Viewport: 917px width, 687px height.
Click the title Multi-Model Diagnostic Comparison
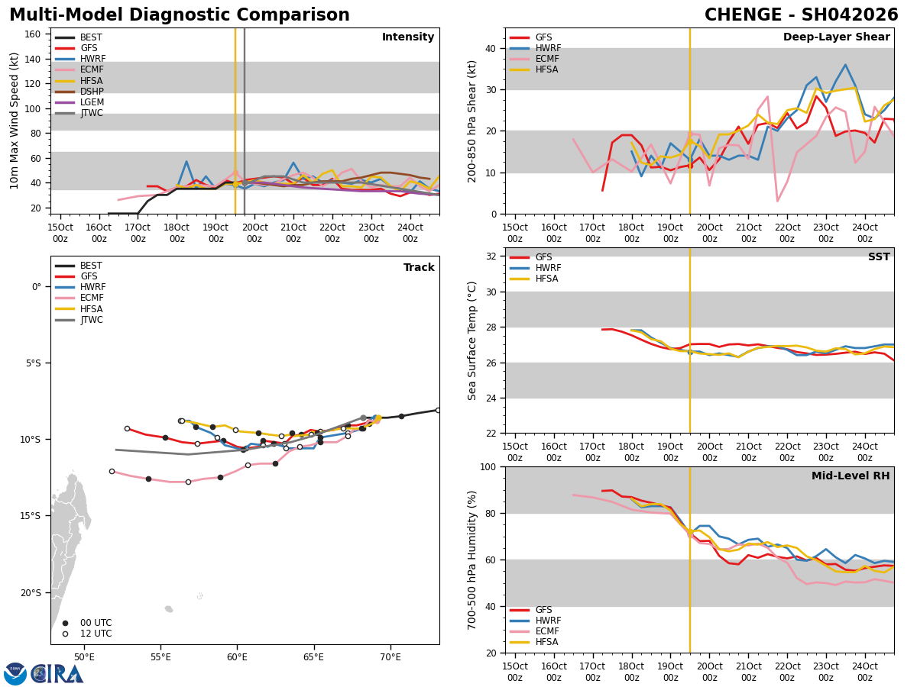pos(180,15)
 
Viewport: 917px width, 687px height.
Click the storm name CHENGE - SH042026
pos(801,15)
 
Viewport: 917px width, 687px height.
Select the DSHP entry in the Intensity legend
pos(92,92)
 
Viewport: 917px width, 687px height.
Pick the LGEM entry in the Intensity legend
pos(92,102)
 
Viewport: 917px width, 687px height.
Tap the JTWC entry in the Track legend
pos(91,320)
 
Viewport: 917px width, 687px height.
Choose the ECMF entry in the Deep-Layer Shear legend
pos(548,59)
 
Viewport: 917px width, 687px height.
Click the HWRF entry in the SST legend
pos(548,268)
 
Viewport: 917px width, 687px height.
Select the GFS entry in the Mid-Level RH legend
pos(543,610)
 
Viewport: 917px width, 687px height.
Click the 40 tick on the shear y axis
pos(490,48)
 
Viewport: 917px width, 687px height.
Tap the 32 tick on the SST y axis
pos(490,256)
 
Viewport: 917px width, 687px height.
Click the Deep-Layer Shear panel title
pos(836,37)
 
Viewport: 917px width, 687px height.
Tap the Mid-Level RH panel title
pos(851,476)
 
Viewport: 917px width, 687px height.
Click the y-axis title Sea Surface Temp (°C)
pos(473,340)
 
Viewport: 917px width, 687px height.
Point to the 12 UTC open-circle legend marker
pos(65,634)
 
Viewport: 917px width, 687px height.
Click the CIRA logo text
pos(57,673)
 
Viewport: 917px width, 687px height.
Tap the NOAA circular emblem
pos(15,673)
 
